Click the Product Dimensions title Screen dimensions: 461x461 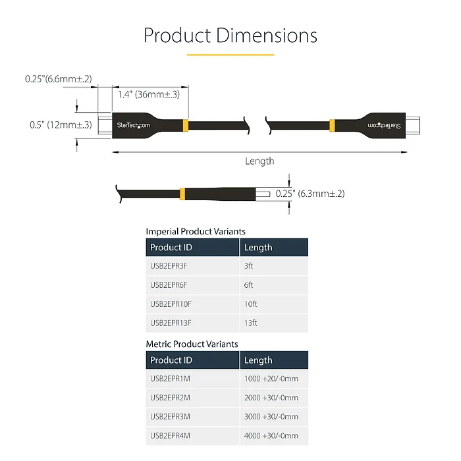click(x=230, y=35)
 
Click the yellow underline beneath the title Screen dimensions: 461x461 click(x=230, y=55)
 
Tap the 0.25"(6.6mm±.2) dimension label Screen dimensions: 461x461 click(x=59, y=79)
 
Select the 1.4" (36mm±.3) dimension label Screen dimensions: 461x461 click(x=149, y=94)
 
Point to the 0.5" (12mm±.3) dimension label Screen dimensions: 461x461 click(x=61, y=125)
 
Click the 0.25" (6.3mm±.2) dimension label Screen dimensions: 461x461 click(x=310, y=194)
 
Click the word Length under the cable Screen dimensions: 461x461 click(x=259, y=161)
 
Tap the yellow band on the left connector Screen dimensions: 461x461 click(x=186, y=125)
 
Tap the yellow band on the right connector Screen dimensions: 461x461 click(x=332, y=125)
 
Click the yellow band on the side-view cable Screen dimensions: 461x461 click(x=181, y=194)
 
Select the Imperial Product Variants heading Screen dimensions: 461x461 click(x=196, y=231)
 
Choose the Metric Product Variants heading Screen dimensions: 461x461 click(x=192, y=344)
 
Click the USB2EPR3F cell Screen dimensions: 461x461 click(x=169, y=266)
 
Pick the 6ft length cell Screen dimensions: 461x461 click(x=249, y=285)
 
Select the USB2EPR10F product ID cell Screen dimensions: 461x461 click(x=171, y=304)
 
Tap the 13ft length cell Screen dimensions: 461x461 click(x=250, y=323)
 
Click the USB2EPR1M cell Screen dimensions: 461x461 click(x=170, y=379)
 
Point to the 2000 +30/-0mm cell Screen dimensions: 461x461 click(x=271, y=398)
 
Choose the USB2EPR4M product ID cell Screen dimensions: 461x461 click(x=170, y=435)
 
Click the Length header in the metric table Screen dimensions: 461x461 click(x=258, y=360)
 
